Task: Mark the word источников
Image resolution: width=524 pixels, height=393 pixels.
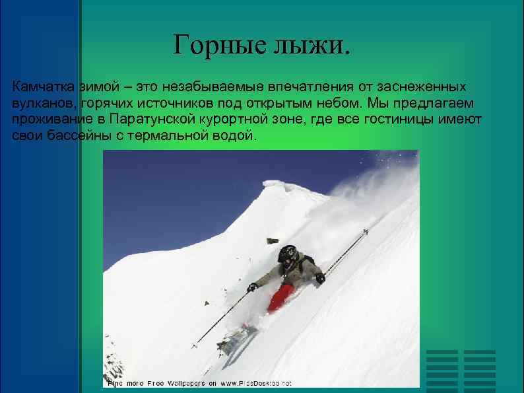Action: click(169, 104)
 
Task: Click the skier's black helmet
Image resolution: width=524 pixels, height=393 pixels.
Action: click(287, 253)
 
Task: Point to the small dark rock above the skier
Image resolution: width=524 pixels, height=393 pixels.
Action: click(271, 240)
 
